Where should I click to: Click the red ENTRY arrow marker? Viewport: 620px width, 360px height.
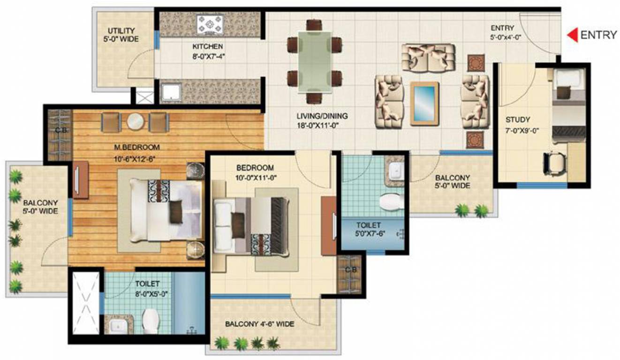pos(572,35)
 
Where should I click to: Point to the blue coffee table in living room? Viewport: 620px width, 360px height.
pos(424,104)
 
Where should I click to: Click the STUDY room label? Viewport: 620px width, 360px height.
pos(518,119)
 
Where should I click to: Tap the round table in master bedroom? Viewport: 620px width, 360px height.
pos(135,121)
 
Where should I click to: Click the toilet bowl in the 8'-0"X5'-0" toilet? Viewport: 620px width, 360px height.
pos(151,320)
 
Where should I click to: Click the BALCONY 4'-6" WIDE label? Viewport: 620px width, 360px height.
pos(259,324)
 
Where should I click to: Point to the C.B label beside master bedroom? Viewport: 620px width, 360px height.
pos(59,130)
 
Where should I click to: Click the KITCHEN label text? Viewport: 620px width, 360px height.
pos(207,47)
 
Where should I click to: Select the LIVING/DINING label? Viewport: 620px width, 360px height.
pos(322,116)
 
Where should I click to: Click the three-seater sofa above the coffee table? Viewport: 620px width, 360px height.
pos(428,58)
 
